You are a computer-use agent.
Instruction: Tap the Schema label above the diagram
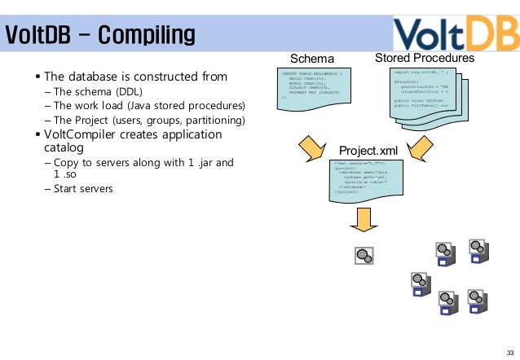click(312, 59)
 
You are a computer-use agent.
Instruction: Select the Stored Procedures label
click(425, 59)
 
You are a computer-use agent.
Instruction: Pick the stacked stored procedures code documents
click(423, 98)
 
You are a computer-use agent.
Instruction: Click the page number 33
click(509, 351)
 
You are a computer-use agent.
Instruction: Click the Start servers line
click(83, 189)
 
